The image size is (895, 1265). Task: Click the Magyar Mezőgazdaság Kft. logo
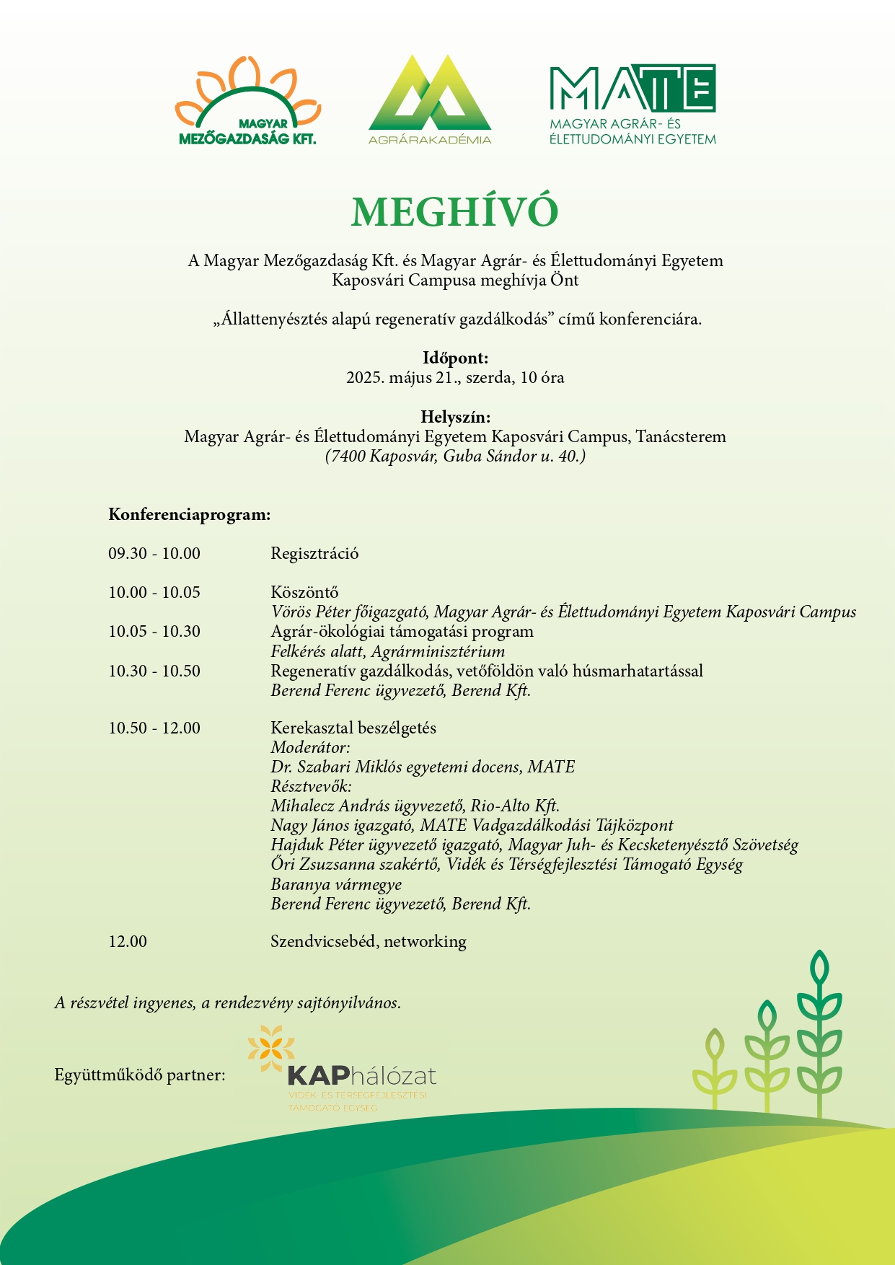pos(247,102)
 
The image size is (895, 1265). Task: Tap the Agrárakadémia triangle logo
pos(430,99)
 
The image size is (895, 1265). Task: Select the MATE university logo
pos(632,105)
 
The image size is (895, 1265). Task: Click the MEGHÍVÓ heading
pos(455,212)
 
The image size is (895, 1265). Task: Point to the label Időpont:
pos(455,358)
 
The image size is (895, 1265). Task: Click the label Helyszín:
pos(455,417)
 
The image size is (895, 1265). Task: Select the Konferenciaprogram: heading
pos(190,515)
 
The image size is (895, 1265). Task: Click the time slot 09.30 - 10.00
pos(154,554)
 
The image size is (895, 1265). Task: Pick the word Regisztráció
pos(314,554)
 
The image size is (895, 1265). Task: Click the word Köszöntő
pos(304,593)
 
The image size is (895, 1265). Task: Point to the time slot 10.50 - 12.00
pos(154,728)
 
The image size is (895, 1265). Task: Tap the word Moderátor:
pos(310,748)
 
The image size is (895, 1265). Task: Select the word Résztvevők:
pos(311,787)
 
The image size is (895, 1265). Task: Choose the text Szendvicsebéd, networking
pos(368,942)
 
